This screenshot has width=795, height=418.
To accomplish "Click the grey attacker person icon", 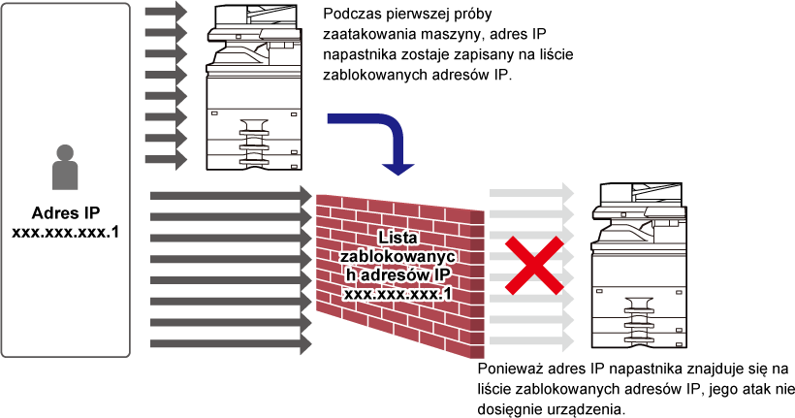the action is coord(65,167).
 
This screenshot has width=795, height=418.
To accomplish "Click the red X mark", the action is coord(534,266).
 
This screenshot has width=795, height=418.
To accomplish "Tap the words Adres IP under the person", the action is coord(66,212).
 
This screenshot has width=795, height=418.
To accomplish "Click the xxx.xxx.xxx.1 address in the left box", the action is coord(65,233).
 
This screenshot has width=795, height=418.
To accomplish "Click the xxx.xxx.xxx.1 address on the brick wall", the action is coord(397,294).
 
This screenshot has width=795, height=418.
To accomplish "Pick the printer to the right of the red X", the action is coord(639,266).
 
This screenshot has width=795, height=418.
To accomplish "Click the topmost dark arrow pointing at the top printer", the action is coord(167,12).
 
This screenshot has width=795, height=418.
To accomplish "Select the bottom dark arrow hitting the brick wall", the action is coord(231,343).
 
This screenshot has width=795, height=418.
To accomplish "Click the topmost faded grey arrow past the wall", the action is coord(531,193).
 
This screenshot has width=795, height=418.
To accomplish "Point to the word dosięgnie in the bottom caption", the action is coord(501,409).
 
